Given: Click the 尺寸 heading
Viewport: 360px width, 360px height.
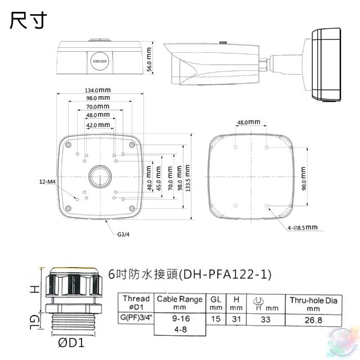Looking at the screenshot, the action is coord(28,20).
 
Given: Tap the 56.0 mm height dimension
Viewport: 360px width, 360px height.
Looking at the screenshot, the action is coord(149,59).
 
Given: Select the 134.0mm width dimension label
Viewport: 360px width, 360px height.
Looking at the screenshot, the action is coord(98,90).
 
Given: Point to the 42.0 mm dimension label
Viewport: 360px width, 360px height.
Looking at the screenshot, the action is coord(98,125).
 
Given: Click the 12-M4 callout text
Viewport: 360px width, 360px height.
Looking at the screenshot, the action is coord(47,182).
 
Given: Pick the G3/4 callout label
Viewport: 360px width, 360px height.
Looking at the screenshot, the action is coord(124,235).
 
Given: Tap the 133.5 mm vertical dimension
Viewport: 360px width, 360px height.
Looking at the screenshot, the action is coord(187,178).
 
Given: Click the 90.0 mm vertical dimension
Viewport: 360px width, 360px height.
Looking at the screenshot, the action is coord(304,178).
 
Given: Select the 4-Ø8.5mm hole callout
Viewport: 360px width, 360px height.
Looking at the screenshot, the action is coord(303,227).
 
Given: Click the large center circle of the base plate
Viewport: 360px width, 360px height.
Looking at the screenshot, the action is coord(100,177).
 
